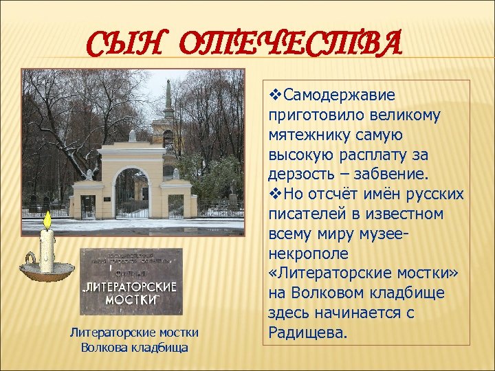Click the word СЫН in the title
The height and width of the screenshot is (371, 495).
click(129, 46)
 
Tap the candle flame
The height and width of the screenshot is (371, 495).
click(47, 221)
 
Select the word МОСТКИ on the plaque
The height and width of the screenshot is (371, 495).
click(132, 300)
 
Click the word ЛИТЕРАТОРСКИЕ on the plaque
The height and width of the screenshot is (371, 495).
click(132, 286)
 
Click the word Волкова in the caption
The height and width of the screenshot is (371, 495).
click(104, 347)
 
